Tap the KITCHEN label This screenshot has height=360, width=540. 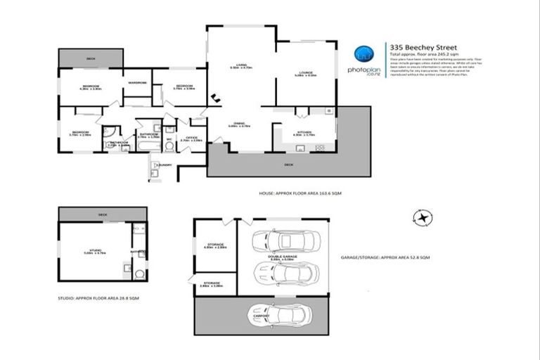pyautogui.click(x=305, y=131)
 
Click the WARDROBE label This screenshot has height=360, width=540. pyautogui.click(x=137, y=83)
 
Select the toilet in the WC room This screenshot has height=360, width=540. pyautogui.click(x=169, y=129)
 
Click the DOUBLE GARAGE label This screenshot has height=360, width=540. pyautogui.click(x=283, y=257)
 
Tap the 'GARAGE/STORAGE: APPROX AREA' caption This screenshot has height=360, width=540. pyautogui.click(x=384, y=258)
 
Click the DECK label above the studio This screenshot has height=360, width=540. pyautogui.click(x=103, y=214)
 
